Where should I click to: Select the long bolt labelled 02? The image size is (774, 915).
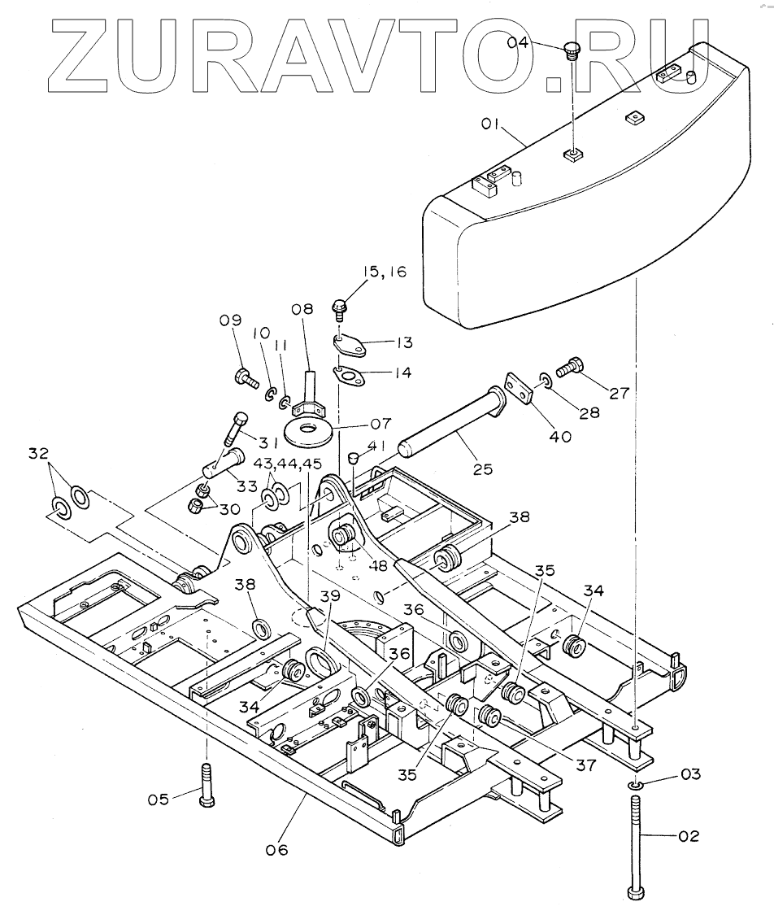635,846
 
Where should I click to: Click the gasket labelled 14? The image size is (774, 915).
350,375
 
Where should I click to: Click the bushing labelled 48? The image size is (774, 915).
341,537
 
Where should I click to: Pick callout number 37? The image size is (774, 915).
585,765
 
